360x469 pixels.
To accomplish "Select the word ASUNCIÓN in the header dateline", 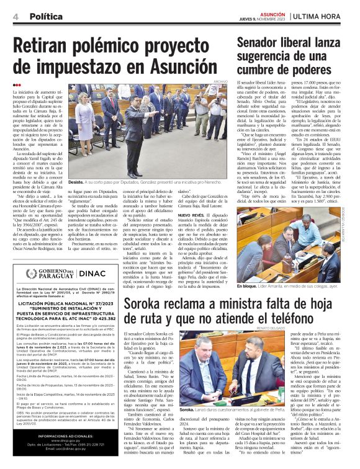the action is coord(272,12).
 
